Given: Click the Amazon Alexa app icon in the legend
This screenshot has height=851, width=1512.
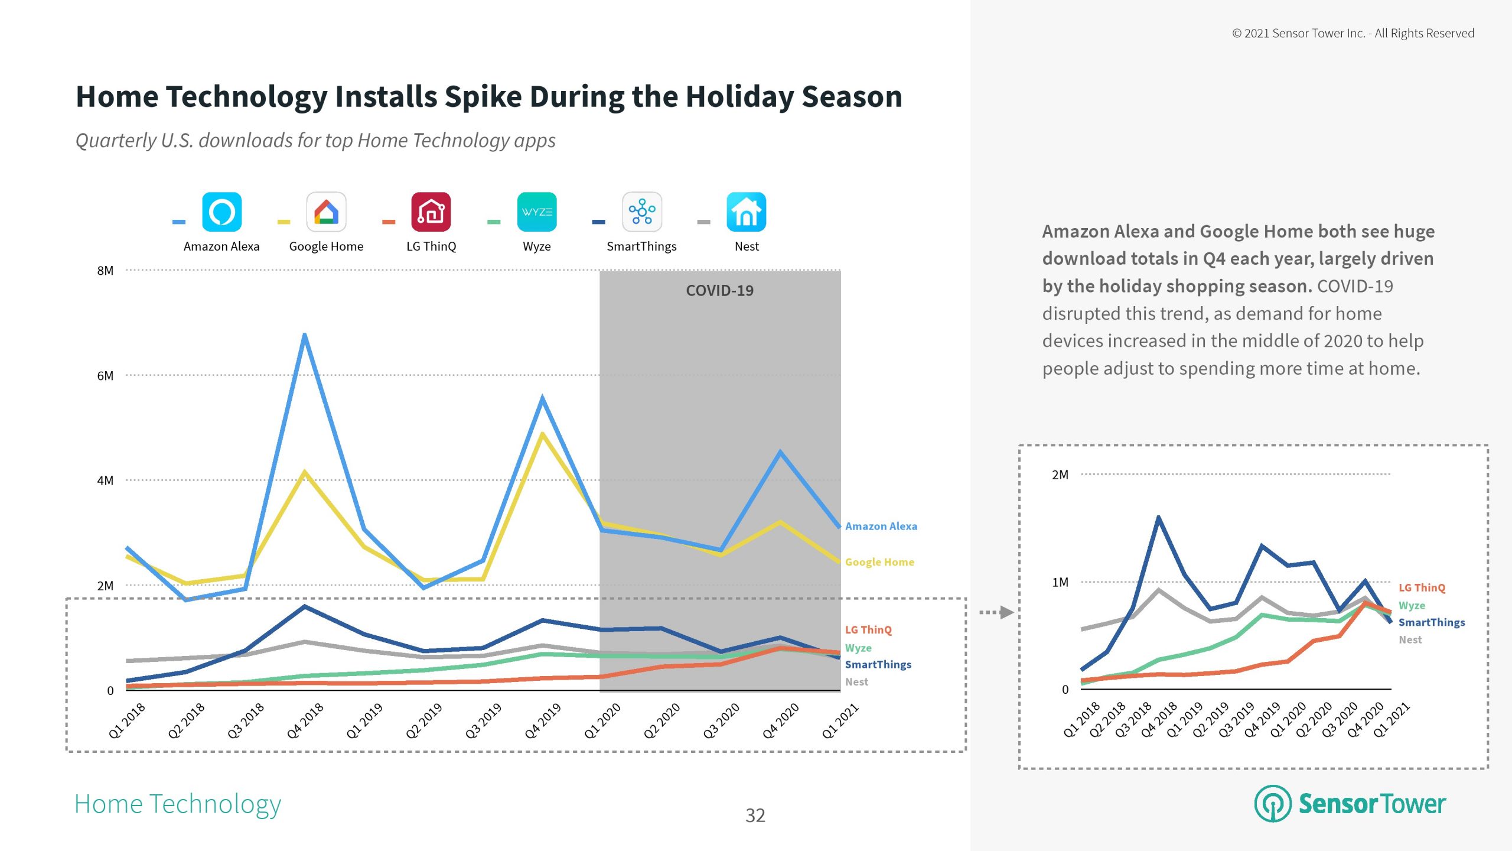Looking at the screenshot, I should [x=221, y=212].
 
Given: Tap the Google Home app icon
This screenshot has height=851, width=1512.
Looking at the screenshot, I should [x=326, y=212].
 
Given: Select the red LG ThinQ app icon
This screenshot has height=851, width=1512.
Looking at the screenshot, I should [x=431, y=212].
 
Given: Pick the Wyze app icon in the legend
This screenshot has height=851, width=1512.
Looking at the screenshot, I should [x=536, y=212].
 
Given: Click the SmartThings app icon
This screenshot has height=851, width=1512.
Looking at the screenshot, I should [x=641, y=212].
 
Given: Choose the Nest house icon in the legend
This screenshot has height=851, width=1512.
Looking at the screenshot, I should [x=746, y=212].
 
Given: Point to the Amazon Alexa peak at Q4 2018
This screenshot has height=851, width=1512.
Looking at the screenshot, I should [x=305, y=336].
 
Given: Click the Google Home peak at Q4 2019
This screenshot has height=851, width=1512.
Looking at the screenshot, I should [x=542, y=435].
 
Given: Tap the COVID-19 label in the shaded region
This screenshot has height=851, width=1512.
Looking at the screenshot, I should [x=719, y=291].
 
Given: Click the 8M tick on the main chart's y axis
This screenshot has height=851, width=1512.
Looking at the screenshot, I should [x=105, y=271].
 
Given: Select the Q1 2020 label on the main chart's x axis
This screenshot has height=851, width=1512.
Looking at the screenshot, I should [x=602, y=721].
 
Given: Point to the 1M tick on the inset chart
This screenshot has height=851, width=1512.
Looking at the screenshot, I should [x=1060, y=583].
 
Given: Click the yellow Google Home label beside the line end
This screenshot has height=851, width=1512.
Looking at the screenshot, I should [x=879, y=562].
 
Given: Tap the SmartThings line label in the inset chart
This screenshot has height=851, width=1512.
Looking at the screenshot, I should [x=1432, y=622].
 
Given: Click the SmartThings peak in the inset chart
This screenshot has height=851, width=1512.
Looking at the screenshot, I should [x=1159, y=518].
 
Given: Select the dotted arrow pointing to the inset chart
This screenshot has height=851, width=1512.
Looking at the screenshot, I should [x=996, y=612].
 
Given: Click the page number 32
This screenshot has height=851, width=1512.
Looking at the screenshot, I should [x=755, y=816].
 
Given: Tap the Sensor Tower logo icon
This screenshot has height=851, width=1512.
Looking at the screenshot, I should [x=1273, y=804].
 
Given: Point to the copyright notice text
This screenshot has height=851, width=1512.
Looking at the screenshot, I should [x=1353, y=34].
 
